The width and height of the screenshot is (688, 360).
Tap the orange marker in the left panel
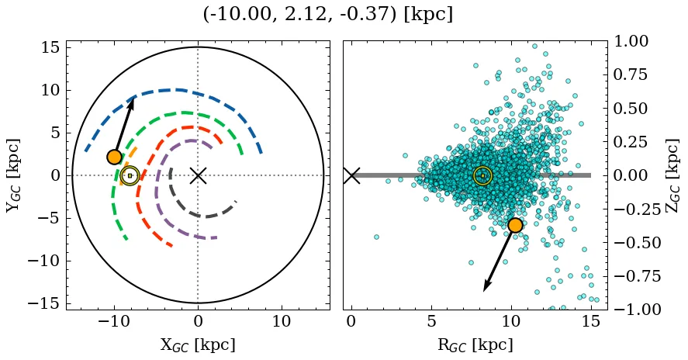tap(115, 157)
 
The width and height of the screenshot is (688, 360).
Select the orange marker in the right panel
tap(515, 225)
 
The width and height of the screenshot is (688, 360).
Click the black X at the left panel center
tap(198, 175)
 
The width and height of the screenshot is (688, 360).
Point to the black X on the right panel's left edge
tap(351, 175)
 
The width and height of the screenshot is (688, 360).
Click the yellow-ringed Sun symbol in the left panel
tap(130, 175)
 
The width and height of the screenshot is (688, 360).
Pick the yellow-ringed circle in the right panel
tap(482, 175)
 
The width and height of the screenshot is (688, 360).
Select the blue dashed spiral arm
tap(178, 90)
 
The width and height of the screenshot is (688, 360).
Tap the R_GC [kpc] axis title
tap(475, 344)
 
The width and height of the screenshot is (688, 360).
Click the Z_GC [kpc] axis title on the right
tap(672, 175)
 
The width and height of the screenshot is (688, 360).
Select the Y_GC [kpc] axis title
tap(13, 175)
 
